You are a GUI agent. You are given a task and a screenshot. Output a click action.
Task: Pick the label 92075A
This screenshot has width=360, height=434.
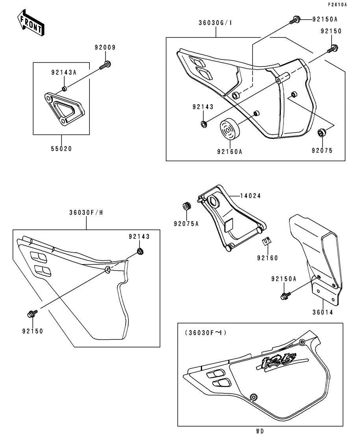point(186,224)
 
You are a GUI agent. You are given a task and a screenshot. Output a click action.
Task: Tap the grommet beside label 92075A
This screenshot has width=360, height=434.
point(186,206)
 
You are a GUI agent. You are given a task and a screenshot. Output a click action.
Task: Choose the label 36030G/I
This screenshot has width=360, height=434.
point(215,23)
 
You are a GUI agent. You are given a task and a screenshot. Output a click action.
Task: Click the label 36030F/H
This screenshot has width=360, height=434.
point(85,213)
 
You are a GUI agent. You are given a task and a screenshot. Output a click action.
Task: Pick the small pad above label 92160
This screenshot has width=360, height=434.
point(266,241)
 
